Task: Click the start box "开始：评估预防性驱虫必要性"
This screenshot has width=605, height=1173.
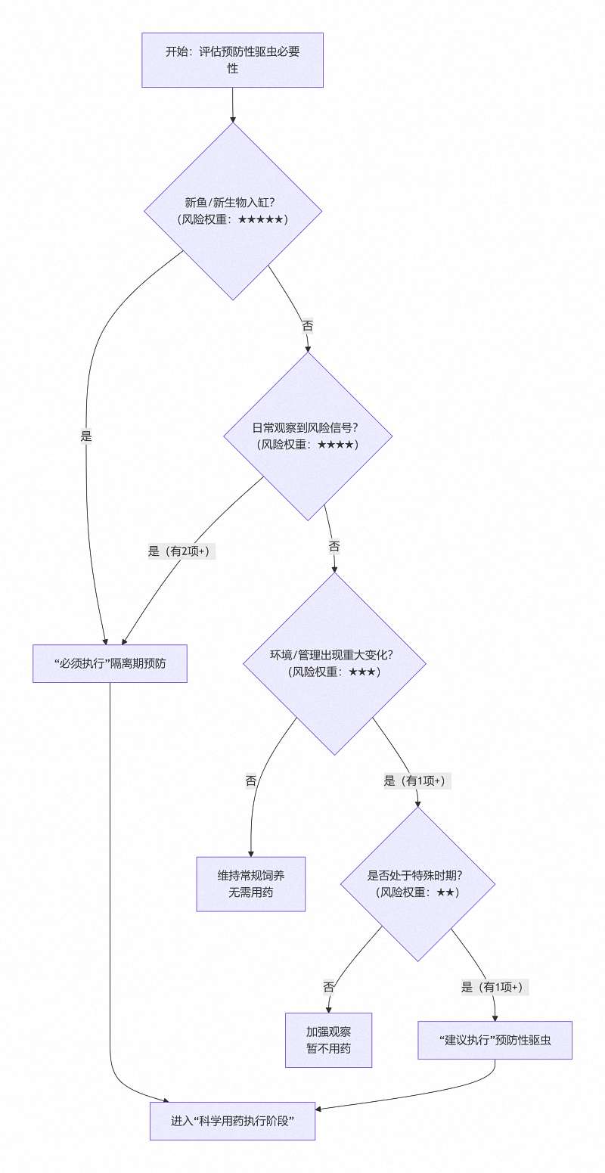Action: (233, 60)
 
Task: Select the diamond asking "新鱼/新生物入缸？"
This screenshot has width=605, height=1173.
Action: (233, 211)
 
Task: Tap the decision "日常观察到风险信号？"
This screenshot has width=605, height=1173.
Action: (308, 436)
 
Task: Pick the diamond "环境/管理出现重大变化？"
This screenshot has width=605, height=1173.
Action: (334, 663)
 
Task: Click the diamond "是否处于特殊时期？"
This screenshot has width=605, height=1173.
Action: (418, 884)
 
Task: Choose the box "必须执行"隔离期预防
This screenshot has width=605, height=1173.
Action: (110, 664)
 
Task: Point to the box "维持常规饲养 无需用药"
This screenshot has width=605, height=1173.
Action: (250, 884)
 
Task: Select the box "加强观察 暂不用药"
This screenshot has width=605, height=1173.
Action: (328, 1040)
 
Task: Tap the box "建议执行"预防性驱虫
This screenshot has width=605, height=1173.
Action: (495, 1040)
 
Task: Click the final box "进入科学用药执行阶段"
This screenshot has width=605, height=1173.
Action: (231, 1121)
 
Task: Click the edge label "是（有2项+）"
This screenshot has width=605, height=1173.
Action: (181, 551)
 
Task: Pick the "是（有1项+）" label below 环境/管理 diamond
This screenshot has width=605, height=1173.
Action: (417, 781)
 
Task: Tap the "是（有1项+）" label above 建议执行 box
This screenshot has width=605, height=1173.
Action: (495, 987)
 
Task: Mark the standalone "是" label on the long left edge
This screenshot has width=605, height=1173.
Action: (85, 436)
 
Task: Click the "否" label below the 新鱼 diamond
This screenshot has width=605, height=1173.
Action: (307, 326)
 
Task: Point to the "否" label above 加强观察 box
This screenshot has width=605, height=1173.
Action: (329, 987)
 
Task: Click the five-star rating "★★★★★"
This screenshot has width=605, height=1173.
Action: (260, 219)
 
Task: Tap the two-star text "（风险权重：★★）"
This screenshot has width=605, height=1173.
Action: (417, 892)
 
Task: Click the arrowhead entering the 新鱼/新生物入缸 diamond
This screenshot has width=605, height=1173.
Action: (233, 119)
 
